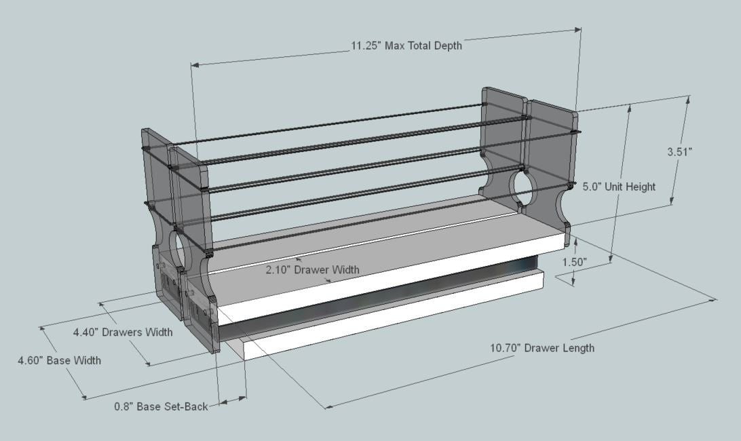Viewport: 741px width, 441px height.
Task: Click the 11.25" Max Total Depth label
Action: click(406, 46)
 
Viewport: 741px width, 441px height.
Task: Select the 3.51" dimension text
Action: click(679, 152)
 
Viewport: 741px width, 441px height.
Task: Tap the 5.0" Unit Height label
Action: click(619, 187)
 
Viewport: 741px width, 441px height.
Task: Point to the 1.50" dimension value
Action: click(575, 261)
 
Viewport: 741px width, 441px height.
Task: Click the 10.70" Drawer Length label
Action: click(542, 348)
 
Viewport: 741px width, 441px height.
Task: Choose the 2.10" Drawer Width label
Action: click(312, 269)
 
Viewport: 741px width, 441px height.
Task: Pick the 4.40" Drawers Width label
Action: click(123, 332)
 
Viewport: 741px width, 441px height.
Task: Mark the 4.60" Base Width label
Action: click(59, 360)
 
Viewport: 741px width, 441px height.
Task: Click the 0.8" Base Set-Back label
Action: click(161, 407)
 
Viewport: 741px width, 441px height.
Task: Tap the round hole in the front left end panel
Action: click(178, 251)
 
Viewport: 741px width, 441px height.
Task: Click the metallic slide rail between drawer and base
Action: click(380, 295)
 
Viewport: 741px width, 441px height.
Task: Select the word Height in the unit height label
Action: click(640, 187)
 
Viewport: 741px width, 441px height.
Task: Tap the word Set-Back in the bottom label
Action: click(184, 407)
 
